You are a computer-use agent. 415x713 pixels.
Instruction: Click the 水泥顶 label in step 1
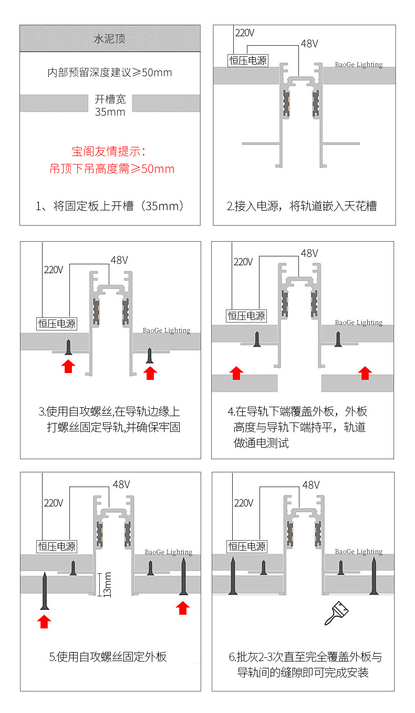109,39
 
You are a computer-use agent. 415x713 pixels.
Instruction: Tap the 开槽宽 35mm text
110,105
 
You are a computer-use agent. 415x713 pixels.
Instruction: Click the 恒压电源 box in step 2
248,60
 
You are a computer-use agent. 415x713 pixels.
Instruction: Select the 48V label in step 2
309,44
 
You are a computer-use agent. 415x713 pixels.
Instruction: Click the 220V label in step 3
54,270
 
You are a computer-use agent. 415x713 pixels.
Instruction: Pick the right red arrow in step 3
150,373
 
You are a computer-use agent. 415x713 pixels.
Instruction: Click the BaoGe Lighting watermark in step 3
167,330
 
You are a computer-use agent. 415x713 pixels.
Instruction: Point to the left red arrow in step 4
236,373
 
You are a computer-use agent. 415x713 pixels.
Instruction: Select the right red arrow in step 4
364,373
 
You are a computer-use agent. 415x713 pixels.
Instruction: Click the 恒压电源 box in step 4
246,316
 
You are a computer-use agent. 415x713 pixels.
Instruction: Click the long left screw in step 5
45,591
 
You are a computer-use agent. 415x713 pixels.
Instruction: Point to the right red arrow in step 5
182,607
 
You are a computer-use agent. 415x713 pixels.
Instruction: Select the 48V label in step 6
311,484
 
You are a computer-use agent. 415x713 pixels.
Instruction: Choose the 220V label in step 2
244,33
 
